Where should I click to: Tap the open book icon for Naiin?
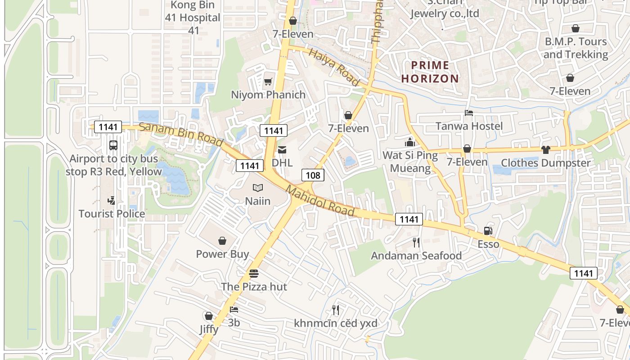coord(257,188)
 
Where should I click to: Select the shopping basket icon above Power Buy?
coord(222,241)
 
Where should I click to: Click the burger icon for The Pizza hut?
coord(254,274)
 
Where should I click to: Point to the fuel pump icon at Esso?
coord(488,231)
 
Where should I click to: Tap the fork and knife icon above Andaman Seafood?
coord(416,243)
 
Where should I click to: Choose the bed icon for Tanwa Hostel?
coord(469,113)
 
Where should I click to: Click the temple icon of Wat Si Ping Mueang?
coord(410,142)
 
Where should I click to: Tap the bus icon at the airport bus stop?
coord(113,145)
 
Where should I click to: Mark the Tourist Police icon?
coord(112,200)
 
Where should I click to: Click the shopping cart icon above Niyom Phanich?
coord(268,81)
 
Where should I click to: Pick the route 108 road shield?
coord(313,175)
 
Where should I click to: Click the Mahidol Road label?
coord(320,202)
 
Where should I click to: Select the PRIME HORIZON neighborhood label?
coord(430,72)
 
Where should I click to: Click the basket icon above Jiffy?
coord(208,316)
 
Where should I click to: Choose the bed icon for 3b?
coord(234,310)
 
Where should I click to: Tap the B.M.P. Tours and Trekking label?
coord(576,48)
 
